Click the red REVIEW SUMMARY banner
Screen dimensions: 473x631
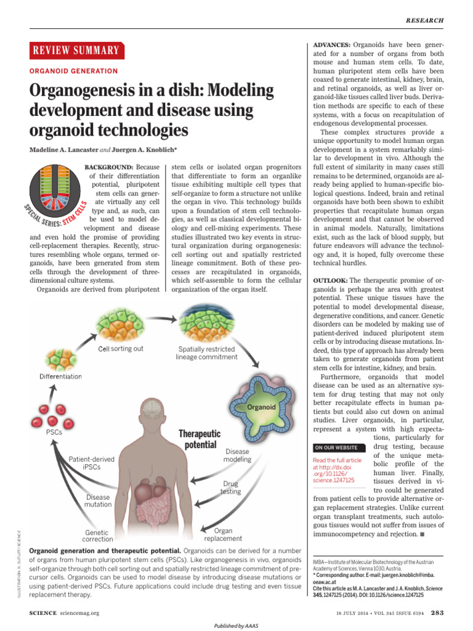click(76, 51)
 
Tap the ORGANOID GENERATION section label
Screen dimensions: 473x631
click(73, 71)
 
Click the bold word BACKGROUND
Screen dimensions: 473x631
click(108, 167)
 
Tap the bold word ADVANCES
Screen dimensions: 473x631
click(332, 45)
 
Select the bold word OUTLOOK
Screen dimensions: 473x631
click(330, 280)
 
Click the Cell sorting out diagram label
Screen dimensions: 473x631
click(121, 349)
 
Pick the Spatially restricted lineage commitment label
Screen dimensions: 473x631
click(206, 352)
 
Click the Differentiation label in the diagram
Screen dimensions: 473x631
click(61, 376)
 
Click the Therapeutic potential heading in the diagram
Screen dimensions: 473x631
click(199, 439)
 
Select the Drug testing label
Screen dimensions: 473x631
click(232, 487)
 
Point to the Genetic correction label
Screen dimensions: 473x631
click(98, 536)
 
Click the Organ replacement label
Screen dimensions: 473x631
click(223, 534)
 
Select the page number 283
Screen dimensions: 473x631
click(437, 613)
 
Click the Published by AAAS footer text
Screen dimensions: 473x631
click(236, 625)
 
